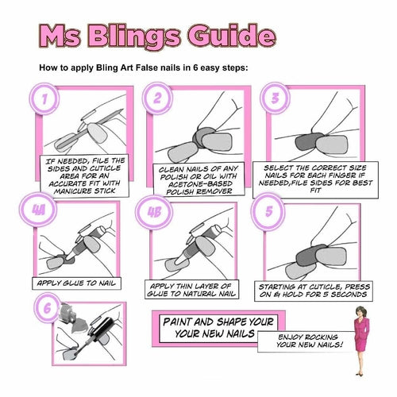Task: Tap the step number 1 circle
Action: click(x=47, y=101)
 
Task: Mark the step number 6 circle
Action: click(x=47, y=308)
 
